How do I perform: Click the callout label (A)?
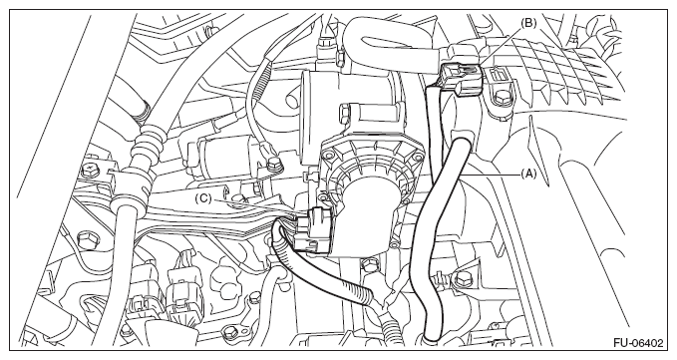tap(528, 174)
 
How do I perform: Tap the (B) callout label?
tap(528, 23)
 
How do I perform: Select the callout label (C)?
tap(203, 198)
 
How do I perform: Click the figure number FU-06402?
tap(638, 343)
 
